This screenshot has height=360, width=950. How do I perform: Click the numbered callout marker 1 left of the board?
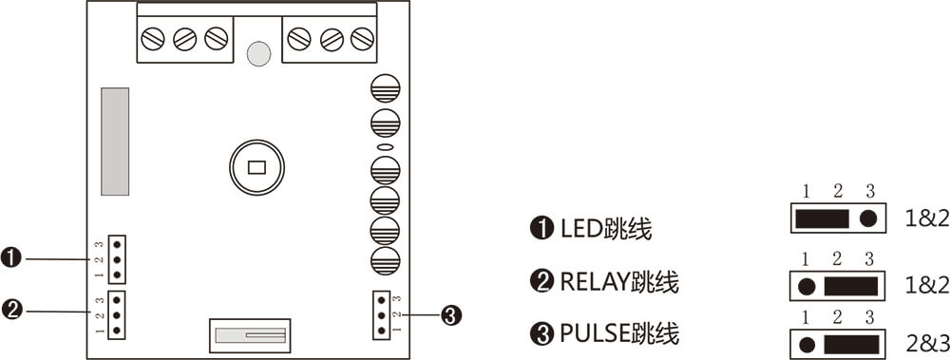(x=11, y=257)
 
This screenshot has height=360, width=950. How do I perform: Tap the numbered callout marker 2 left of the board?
(x=11, y=309)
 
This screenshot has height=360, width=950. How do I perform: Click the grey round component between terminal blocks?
(x=257, y=53)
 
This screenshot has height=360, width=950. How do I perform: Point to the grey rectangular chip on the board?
(x=115, y=142)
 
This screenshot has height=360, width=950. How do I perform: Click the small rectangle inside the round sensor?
(x=256, y=169)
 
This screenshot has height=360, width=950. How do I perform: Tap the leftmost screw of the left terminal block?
(x=153, y=39)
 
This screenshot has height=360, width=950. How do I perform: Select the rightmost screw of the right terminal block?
(x=362, y=39)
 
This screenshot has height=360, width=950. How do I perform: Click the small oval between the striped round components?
(x=385, y=148)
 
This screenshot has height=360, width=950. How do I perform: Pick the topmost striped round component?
(x=385, y=88)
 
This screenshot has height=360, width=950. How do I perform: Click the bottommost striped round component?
(x=385, y=261)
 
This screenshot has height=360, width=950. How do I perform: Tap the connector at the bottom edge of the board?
(x=250, y=334)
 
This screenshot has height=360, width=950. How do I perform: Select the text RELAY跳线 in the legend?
(x=618, y=282)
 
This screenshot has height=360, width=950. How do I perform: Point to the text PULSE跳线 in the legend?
(x=618, y=334)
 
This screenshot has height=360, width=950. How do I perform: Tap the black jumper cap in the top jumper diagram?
(x=822, y=218)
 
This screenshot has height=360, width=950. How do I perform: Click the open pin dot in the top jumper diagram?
(x=867, y=218)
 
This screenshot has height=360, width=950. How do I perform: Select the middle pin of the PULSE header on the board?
(x=382, y=314)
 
